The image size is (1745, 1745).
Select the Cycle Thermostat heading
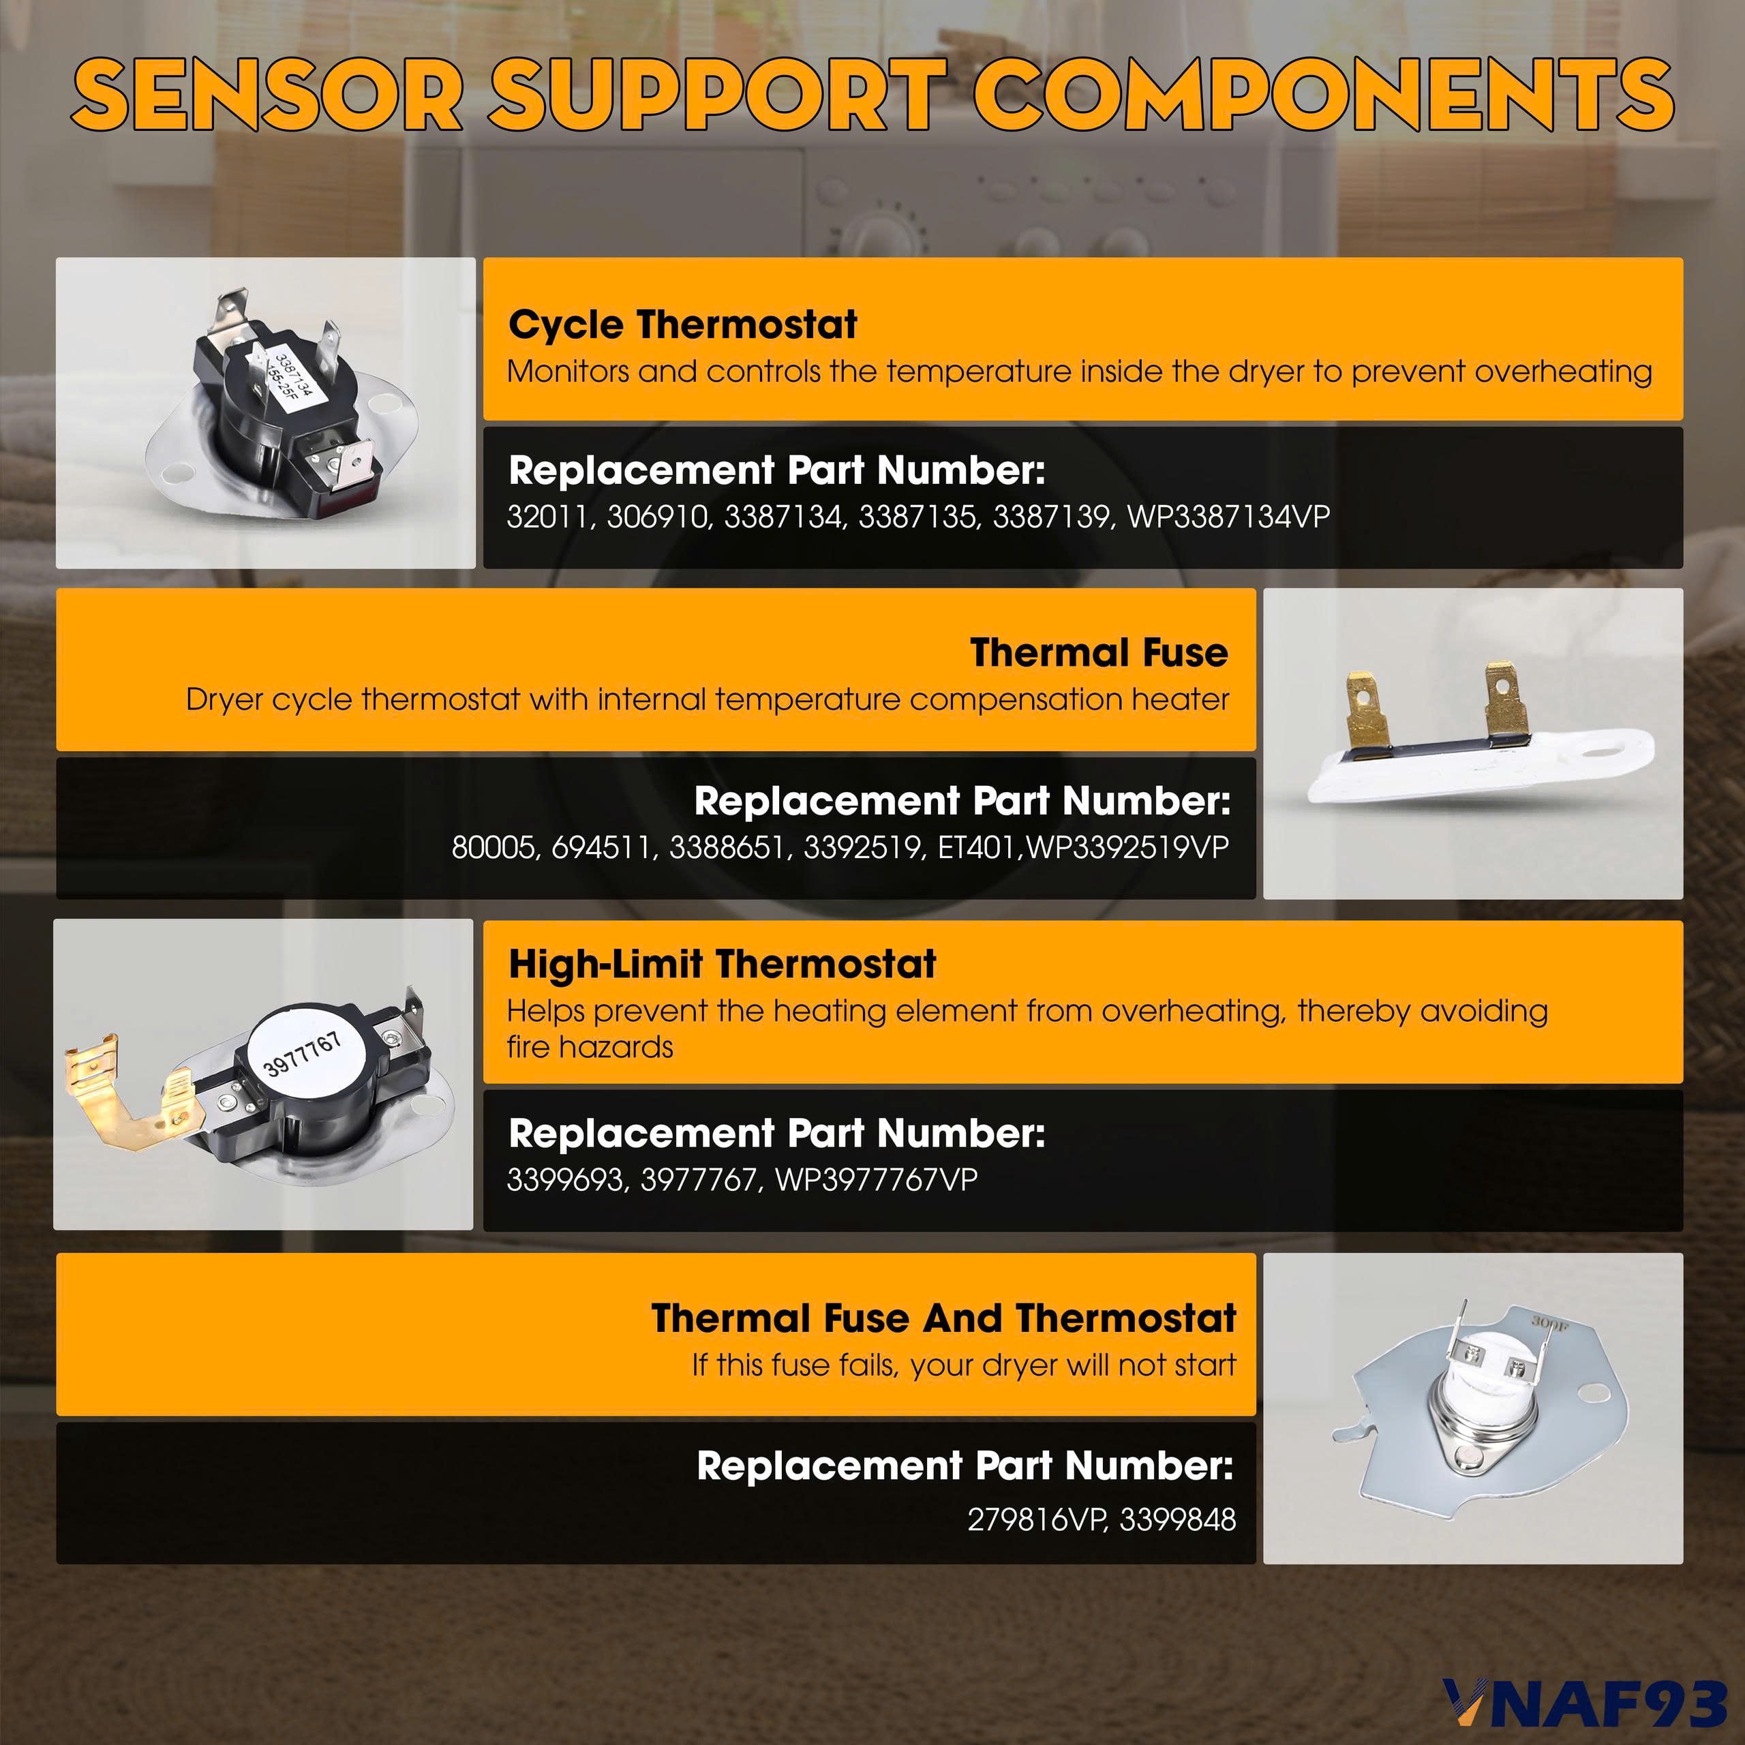point(683,325)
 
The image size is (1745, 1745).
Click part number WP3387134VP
point(1228,517)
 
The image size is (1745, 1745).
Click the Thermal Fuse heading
point(1099,653)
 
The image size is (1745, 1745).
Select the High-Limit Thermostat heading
point(723,965)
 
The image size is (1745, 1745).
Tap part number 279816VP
point(1037,1520)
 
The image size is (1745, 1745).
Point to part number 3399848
point(1178,1520)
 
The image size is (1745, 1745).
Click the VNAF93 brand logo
point(1584,1703)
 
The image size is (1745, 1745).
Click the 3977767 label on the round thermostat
point(303,1053)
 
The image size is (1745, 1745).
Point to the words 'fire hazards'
point(590,1048)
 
